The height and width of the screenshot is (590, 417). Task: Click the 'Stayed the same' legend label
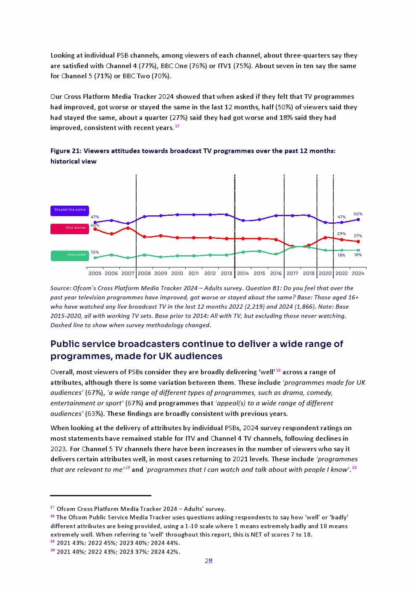coord(70,210)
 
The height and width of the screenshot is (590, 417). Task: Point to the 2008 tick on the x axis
coord(144,273)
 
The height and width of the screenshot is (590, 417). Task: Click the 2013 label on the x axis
coord(226,273)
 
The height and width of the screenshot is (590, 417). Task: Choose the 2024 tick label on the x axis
coord(358,273)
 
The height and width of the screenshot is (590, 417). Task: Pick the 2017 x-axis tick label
coord(292,273)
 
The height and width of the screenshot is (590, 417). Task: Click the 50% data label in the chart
coord(358,214)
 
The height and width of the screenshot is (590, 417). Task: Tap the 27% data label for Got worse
coord(358,236)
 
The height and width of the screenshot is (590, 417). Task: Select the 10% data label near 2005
coord(95,252)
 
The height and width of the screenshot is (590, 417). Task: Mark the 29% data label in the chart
coord(341,234)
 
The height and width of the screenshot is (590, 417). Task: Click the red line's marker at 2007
coord(128,228)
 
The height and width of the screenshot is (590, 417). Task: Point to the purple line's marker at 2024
coord(358,219)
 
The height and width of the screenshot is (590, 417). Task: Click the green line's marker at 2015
coord(259,251)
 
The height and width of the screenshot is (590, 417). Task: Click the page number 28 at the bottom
coord(208,561)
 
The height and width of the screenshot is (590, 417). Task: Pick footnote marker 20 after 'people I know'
coord(354,468)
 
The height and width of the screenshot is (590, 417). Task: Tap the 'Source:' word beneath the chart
coord(61,288)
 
